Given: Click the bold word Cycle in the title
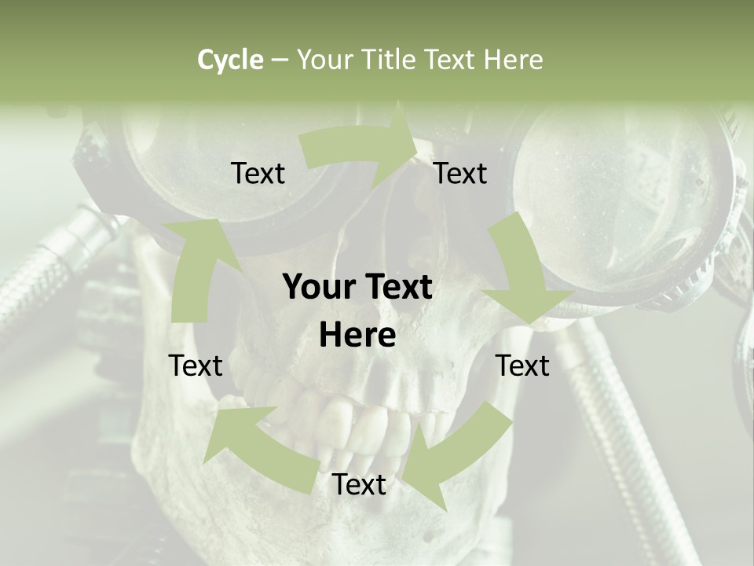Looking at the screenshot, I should tap(230, 60).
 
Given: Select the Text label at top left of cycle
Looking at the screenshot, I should tap(258, 173).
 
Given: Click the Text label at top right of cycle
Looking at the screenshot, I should tap(460, 173).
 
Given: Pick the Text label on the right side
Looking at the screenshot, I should tap(522, 366).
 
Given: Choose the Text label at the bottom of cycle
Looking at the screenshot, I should tap(359, 485).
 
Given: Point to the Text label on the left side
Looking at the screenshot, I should tap(196, 366).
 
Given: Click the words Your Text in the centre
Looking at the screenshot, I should tap(357, 288).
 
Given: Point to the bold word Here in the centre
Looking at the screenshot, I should tap(357, 335).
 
